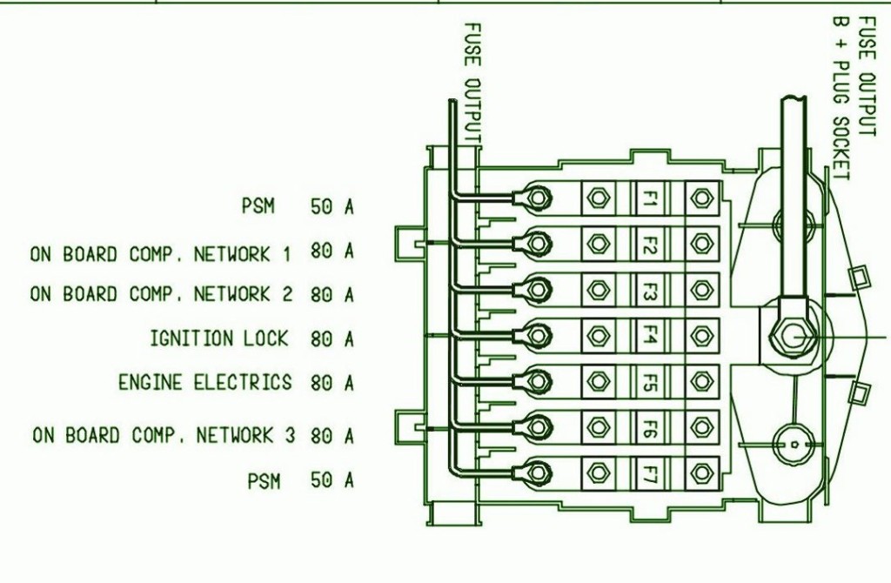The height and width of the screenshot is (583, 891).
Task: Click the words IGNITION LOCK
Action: click(x=218, y=338)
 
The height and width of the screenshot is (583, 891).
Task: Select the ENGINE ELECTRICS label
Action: click(x=205, y=382)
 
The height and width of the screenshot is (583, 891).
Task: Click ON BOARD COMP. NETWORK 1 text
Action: click(x=161, y=254)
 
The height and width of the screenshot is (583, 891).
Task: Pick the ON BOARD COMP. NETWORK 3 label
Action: click(x=164, y=434)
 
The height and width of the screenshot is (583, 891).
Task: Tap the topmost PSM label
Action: click(x=258, y=207)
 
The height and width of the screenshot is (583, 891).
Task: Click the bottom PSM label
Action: click(x=265, y=480)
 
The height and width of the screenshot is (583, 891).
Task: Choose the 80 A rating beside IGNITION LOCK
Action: click(x=332, y=338)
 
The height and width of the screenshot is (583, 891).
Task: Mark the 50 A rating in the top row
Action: click(x=332, y=207)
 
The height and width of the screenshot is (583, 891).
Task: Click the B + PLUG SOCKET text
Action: click(x=840, y=96)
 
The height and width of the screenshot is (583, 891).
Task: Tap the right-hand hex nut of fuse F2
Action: click(x=700, y=244)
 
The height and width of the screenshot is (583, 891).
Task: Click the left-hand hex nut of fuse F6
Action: click(x=599, y=426)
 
